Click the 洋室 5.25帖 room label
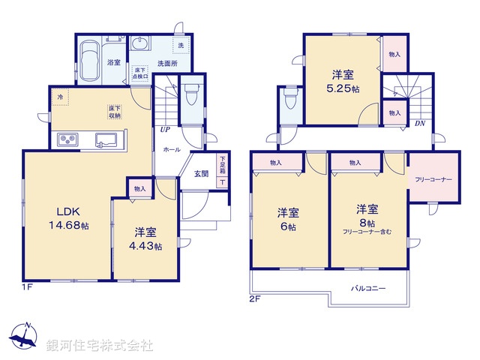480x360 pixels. point(343,80)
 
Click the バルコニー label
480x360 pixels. point(365,287)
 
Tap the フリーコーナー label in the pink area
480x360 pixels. point(433,180)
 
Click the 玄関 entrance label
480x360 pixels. point(201,174)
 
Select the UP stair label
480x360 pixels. point(164,130)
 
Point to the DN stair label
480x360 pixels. point(421,124)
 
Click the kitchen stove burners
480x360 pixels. point(67,139)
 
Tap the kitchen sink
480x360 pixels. point(104,139)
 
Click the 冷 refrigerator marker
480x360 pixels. point(59,96)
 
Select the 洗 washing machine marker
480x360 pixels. point(181,46)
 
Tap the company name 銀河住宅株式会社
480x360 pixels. point(100,346)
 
